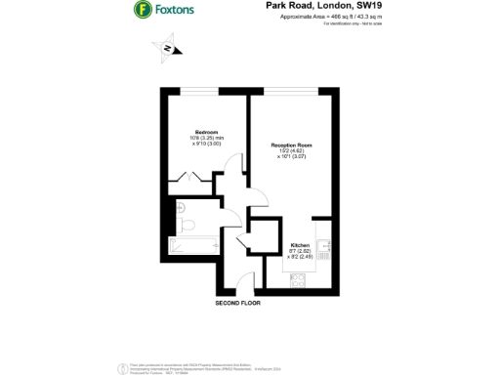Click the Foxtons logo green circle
[x=142, y=10]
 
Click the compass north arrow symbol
[x=167, y=48]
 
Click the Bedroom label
[x=205, y=132]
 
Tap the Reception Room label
[x=292, y=146]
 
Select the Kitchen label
[x=300, y=244]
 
